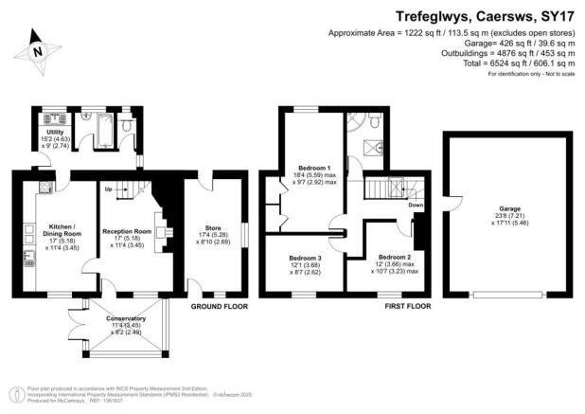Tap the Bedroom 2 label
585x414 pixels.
[x=394, y=257]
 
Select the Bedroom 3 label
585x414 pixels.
[x=305, y=258]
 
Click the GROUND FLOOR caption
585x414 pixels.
[x=221, y=307]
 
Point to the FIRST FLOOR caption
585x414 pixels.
[x=407, y=307]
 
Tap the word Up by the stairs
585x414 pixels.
[x=107, y=189]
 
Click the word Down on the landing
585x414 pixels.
[x=416, y=203]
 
